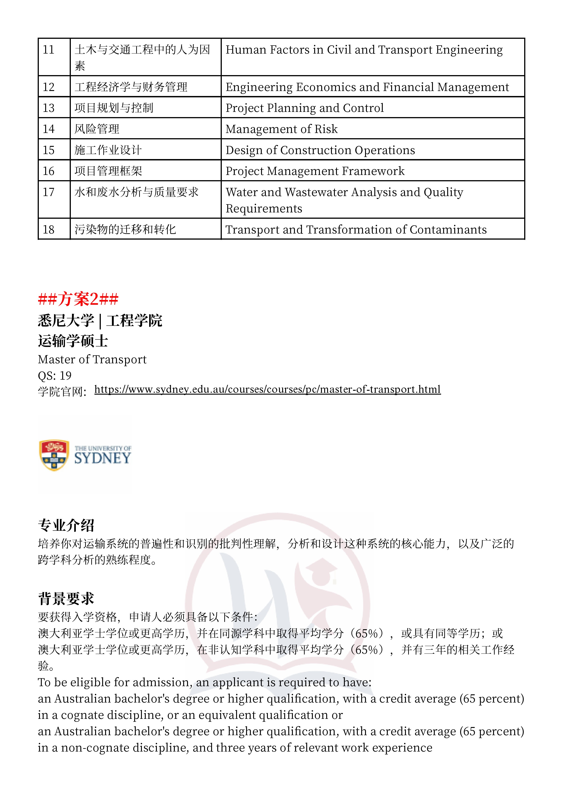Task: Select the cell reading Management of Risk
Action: coord(281,129)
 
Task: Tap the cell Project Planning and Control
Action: coord(305,108)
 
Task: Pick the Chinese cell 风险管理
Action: coord(97,129)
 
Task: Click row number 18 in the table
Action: coord(49,229)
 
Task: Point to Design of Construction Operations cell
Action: coord(320,150)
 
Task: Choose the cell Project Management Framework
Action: coord(315,171)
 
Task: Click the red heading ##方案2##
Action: coord(78,299)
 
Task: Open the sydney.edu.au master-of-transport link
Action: coord(267,389)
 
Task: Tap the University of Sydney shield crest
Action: coord(54,455)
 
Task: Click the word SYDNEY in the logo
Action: coord(103,458)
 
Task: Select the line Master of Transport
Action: coord(92,359)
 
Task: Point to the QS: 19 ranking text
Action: coord(55,376)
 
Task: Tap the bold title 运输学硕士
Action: coord(73,341)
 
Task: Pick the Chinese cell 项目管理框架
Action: coord(108,171)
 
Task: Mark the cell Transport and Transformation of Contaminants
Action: coord(356,229)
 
